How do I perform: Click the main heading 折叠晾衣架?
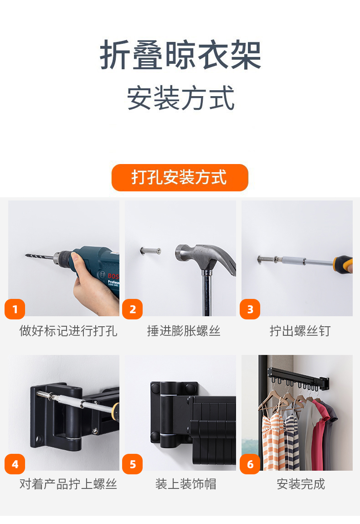[180, 55]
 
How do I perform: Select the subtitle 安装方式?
[180, 98]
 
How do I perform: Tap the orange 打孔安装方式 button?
[180, 177]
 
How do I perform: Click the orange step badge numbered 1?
[15, 309]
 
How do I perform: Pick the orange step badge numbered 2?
[132, 309]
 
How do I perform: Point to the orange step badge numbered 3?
[250, 309]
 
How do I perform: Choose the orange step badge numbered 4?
[15, 464]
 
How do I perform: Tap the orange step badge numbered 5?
[132, 464]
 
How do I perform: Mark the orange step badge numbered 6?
[250, 464]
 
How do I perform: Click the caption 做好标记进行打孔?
[68, 331]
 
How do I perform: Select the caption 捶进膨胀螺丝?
[184, 331]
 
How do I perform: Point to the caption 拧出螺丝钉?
[300, 331]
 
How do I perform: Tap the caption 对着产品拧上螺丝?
[68, 483]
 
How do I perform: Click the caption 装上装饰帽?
[186, 483]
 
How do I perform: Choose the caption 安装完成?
[301, 483]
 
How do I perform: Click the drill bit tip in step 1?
[26, 256]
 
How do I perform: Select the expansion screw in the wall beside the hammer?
[150, 251]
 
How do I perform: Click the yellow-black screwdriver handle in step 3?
[343, 264]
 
